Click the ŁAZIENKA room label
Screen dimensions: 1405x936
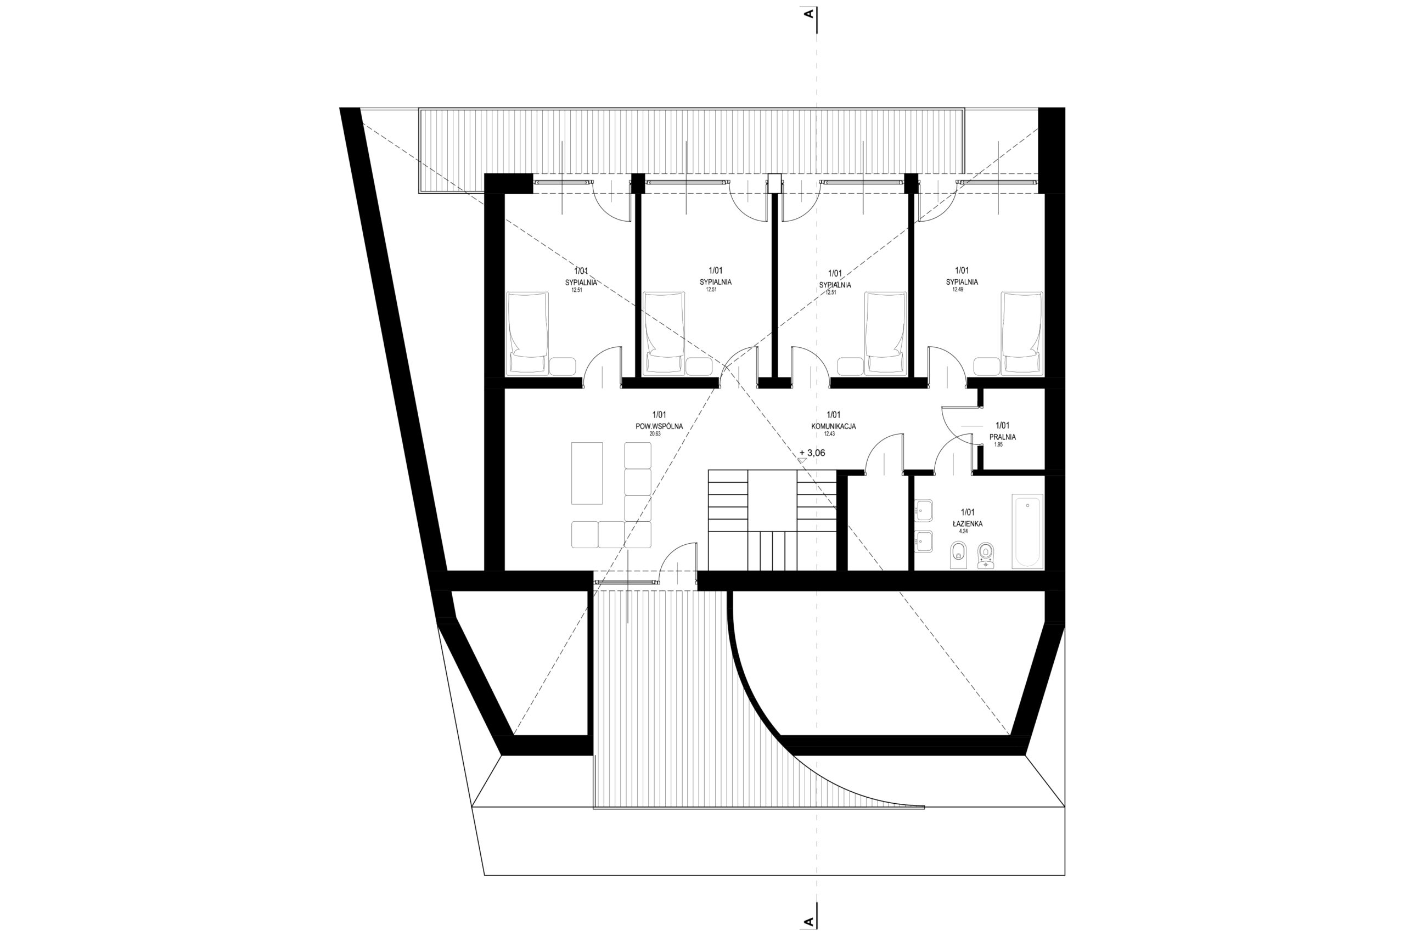point(968,523)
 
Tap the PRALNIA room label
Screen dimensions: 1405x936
point(1003,437)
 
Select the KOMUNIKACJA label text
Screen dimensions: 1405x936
point(834,426)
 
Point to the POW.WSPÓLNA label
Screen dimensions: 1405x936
point(659,426)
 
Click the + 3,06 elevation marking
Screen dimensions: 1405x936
point(812,453)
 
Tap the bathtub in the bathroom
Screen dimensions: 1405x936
point(1027,531)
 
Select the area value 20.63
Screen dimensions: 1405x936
point(656,434)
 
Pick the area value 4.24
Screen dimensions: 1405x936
point(963,531)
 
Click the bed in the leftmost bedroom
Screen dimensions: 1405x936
point(527,333)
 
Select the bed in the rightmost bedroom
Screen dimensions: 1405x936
point(1022,333)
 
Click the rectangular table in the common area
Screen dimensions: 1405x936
point(587,473)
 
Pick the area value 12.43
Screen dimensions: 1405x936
point(829,434)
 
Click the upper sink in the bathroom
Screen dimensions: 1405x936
point(924,509)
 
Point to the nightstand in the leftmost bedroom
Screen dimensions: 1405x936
point(563,366)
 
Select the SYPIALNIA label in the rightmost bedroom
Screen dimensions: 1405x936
point(962,282)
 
